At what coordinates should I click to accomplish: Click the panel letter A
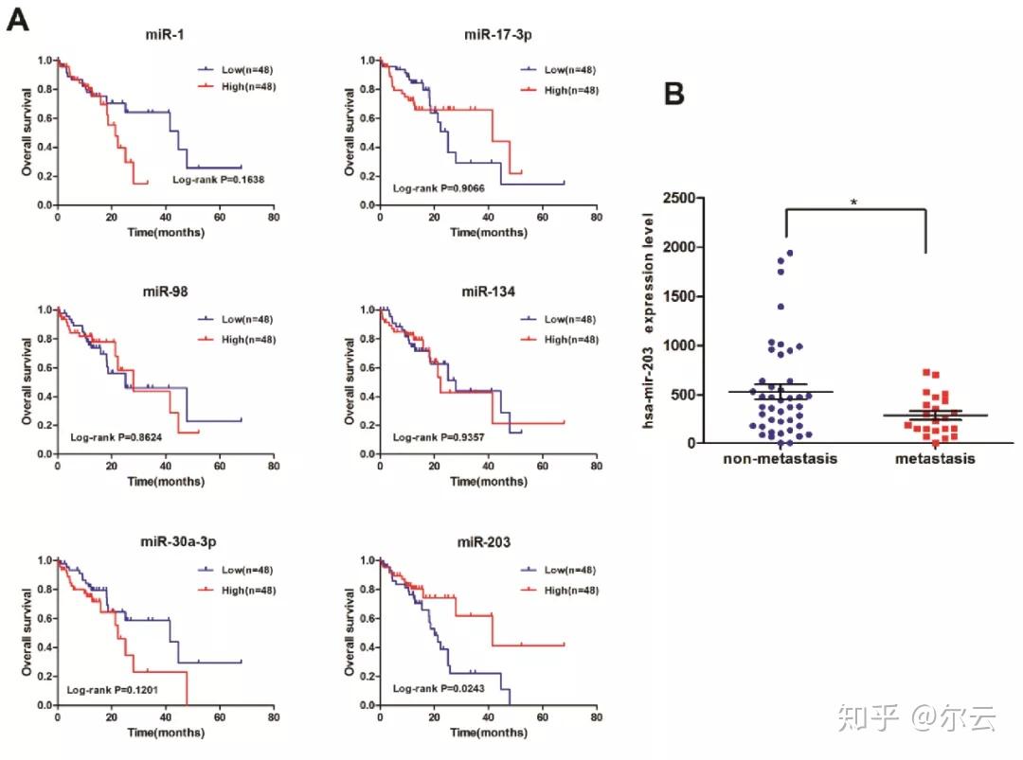click(17, 18)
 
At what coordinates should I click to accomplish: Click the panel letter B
click(673, 94)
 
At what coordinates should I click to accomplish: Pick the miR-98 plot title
click(156, 290)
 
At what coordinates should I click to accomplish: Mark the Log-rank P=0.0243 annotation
click(440, 688)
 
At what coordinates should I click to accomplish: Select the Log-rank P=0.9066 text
click(440, 188)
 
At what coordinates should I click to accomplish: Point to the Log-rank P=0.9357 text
click(440, 437)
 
